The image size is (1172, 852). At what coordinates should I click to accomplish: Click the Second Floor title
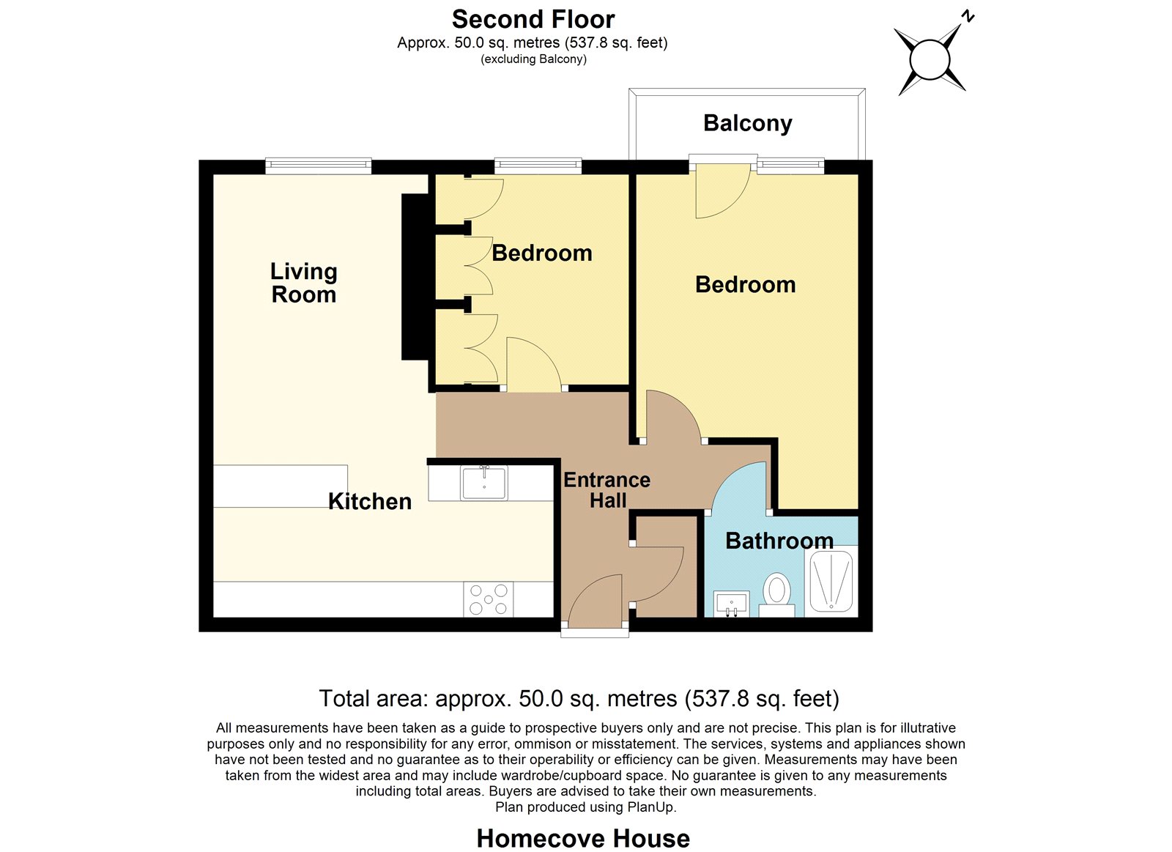click(533, 20)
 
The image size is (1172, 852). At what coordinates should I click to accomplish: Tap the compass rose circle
click(930, 59)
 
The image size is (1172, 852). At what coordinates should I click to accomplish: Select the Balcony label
click(748, 124)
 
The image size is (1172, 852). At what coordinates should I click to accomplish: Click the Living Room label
click(303, 283)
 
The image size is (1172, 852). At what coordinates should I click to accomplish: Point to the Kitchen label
click(370, 501)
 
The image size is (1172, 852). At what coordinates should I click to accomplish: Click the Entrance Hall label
click(607, 490)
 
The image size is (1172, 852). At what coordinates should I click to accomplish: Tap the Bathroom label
click(779, 541)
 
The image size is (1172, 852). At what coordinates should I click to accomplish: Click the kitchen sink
click(484, 483)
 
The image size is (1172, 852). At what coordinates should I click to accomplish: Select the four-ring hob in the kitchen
click(488, 599)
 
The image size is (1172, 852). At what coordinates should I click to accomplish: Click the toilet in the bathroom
click(776, 595)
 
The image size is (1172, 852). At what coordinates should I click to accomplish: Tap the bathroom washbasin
click(732, 604)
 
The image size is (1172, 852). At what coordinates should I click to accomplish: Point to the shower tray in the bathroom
click(831, 581)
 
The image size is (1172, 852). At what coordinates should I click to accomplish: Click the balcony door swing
click(723, 191)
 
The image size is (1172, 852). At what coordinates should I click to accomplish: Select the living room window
click(319, 166)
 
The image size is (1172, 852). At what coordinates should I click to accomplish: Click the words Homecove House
click(583, 838)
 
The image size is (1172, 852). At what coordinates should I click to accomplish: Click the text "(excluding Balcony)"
click(533, 59)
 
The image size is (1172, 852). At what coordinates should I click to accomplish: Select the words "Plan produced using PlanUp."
click(585, 807)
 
